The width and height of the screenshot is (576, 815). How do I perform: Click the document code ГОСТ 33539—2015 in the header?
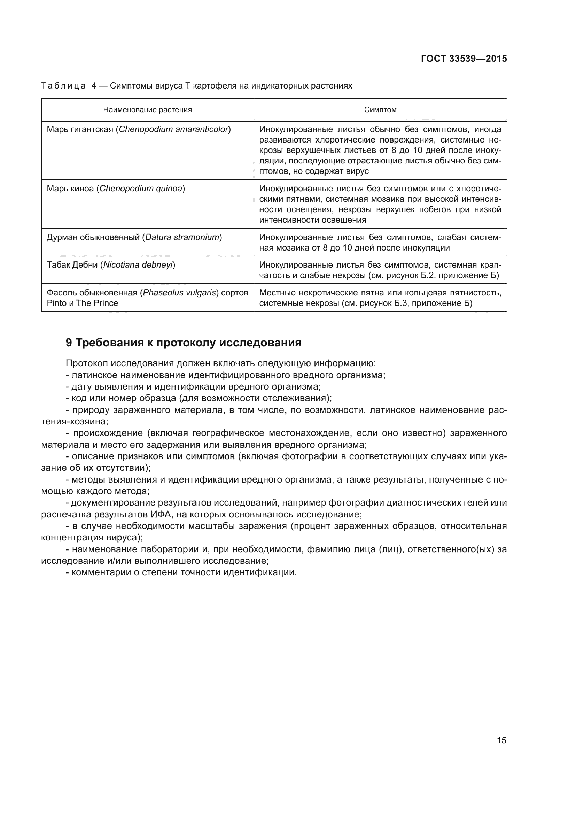(464, 59)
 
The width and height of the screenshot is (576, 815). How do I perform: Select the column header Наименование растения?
(147, 110)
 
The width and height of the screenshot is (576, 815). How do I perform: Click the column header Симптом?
(380, 110)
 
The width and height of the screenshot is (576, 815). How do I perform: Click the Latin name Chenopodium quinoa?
(140, 189)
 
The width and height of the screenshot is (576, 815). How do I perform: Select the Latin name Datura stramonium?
(182, 237)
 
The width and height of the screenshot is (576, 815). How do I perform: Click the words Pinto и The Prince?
(82, 303)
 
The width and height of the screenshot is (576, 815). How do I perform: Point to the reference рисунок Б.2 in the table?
(409, 276)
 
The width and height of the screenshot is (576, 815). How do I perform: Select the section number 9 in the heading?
(69, 343)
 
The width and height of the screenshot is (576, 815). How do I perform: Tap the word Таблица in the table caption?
(63, 86)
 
